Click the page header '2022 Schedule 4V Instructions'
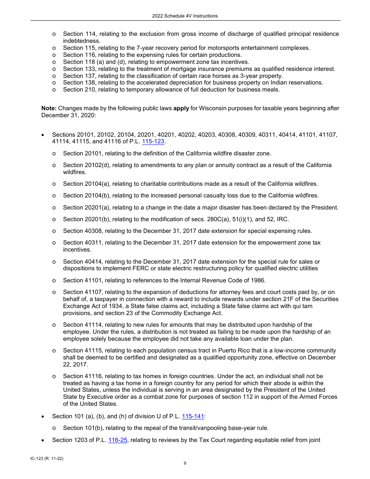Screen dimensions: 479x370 tap(185, 16)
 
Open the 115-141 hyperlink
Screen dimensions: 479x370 tap(193, 416)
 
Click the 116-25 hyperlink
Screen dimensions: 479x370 tap(118, 440)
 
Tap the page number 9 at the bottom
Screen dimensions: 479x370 tap(185, 463)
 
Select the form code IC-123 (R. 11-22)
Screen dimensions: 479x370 tap(47, 458)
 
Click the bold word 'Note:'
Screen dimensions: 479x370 tap(49, 108)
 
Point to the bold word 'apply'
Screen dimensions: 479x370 tap(181, 108)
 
